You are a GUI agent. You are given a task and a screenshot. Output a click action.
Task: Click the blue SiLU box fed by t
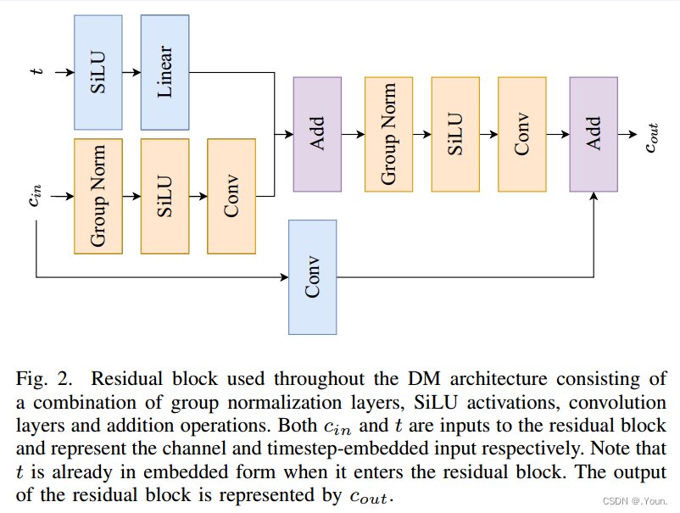coord(98,72)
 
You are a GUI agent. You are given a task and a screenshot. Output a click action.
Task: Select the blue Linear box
coord(164,72)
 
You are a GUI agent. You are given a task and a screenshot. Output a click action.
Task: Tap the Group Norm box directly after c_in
coord(98,196)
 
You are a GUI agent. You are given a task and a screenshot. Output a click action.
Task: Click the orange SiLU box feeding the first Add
coord(164,196)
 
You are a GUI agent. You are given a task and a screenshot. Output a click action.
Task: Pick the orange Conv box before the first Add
coord(231,196)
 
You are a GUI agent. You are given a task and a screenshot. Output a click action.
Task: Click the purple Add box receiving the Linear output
coord(317,134)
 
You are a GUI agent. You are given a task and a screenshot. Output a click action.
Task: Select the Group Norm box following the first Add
coord(389,134)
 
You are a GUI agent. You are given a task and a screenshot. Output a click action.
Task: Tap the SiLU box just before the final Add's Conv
coord(455,134)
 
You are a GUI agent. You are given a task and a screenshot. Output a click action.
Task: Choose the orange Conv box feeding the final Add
coord(521,134)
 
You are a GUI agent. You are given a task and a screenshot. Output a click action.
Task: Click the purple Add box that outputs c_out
coord(594,134)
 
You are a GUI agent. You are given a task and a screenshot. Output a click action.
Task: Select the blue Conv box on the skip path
coord(312,277)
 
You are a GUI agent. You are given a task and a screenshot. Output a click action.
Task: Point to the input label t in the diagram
coord(36,73)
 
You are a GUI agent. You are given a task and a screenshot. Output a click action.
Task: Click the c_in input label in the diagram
coord(35,197)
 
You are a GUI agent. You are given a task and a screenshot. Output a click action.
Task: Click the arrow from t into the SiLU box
coord(64,73)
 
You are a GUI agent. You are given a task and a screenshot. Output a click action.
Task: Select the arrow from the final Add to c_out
coord(628,134)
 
